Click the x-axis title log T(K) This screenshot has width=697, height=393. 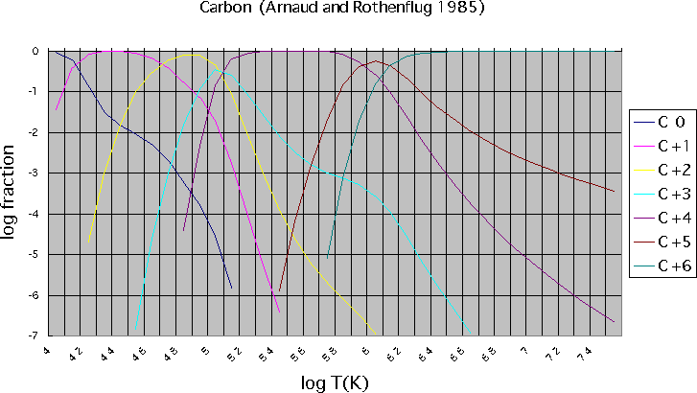[335, 381]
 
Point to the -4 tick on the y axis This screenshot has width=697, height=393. [35, 214]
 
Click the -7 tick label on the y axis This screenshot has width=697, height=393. [35, 335]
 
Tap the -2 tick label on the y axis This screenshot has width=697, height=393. [35, 132]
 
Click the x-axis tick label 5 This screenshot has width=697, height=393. [205, 351]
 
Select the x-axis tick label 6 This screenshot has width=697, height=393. [365, 351]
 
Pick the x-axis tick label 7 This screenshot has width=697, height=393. [524, 351]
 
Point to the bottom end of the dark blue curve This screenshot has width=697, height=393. [232, 288]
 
